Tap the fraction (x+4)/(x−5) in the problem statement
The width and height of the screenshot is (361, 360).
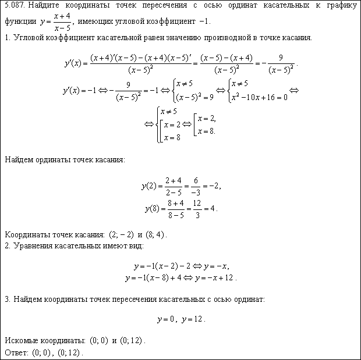[x=60, y=22]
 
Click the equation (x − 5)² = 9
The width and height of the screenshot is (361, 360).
[x=195, y=97]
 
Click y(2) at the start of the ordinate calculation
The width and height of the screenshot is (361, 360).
[x=150, y=187]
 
